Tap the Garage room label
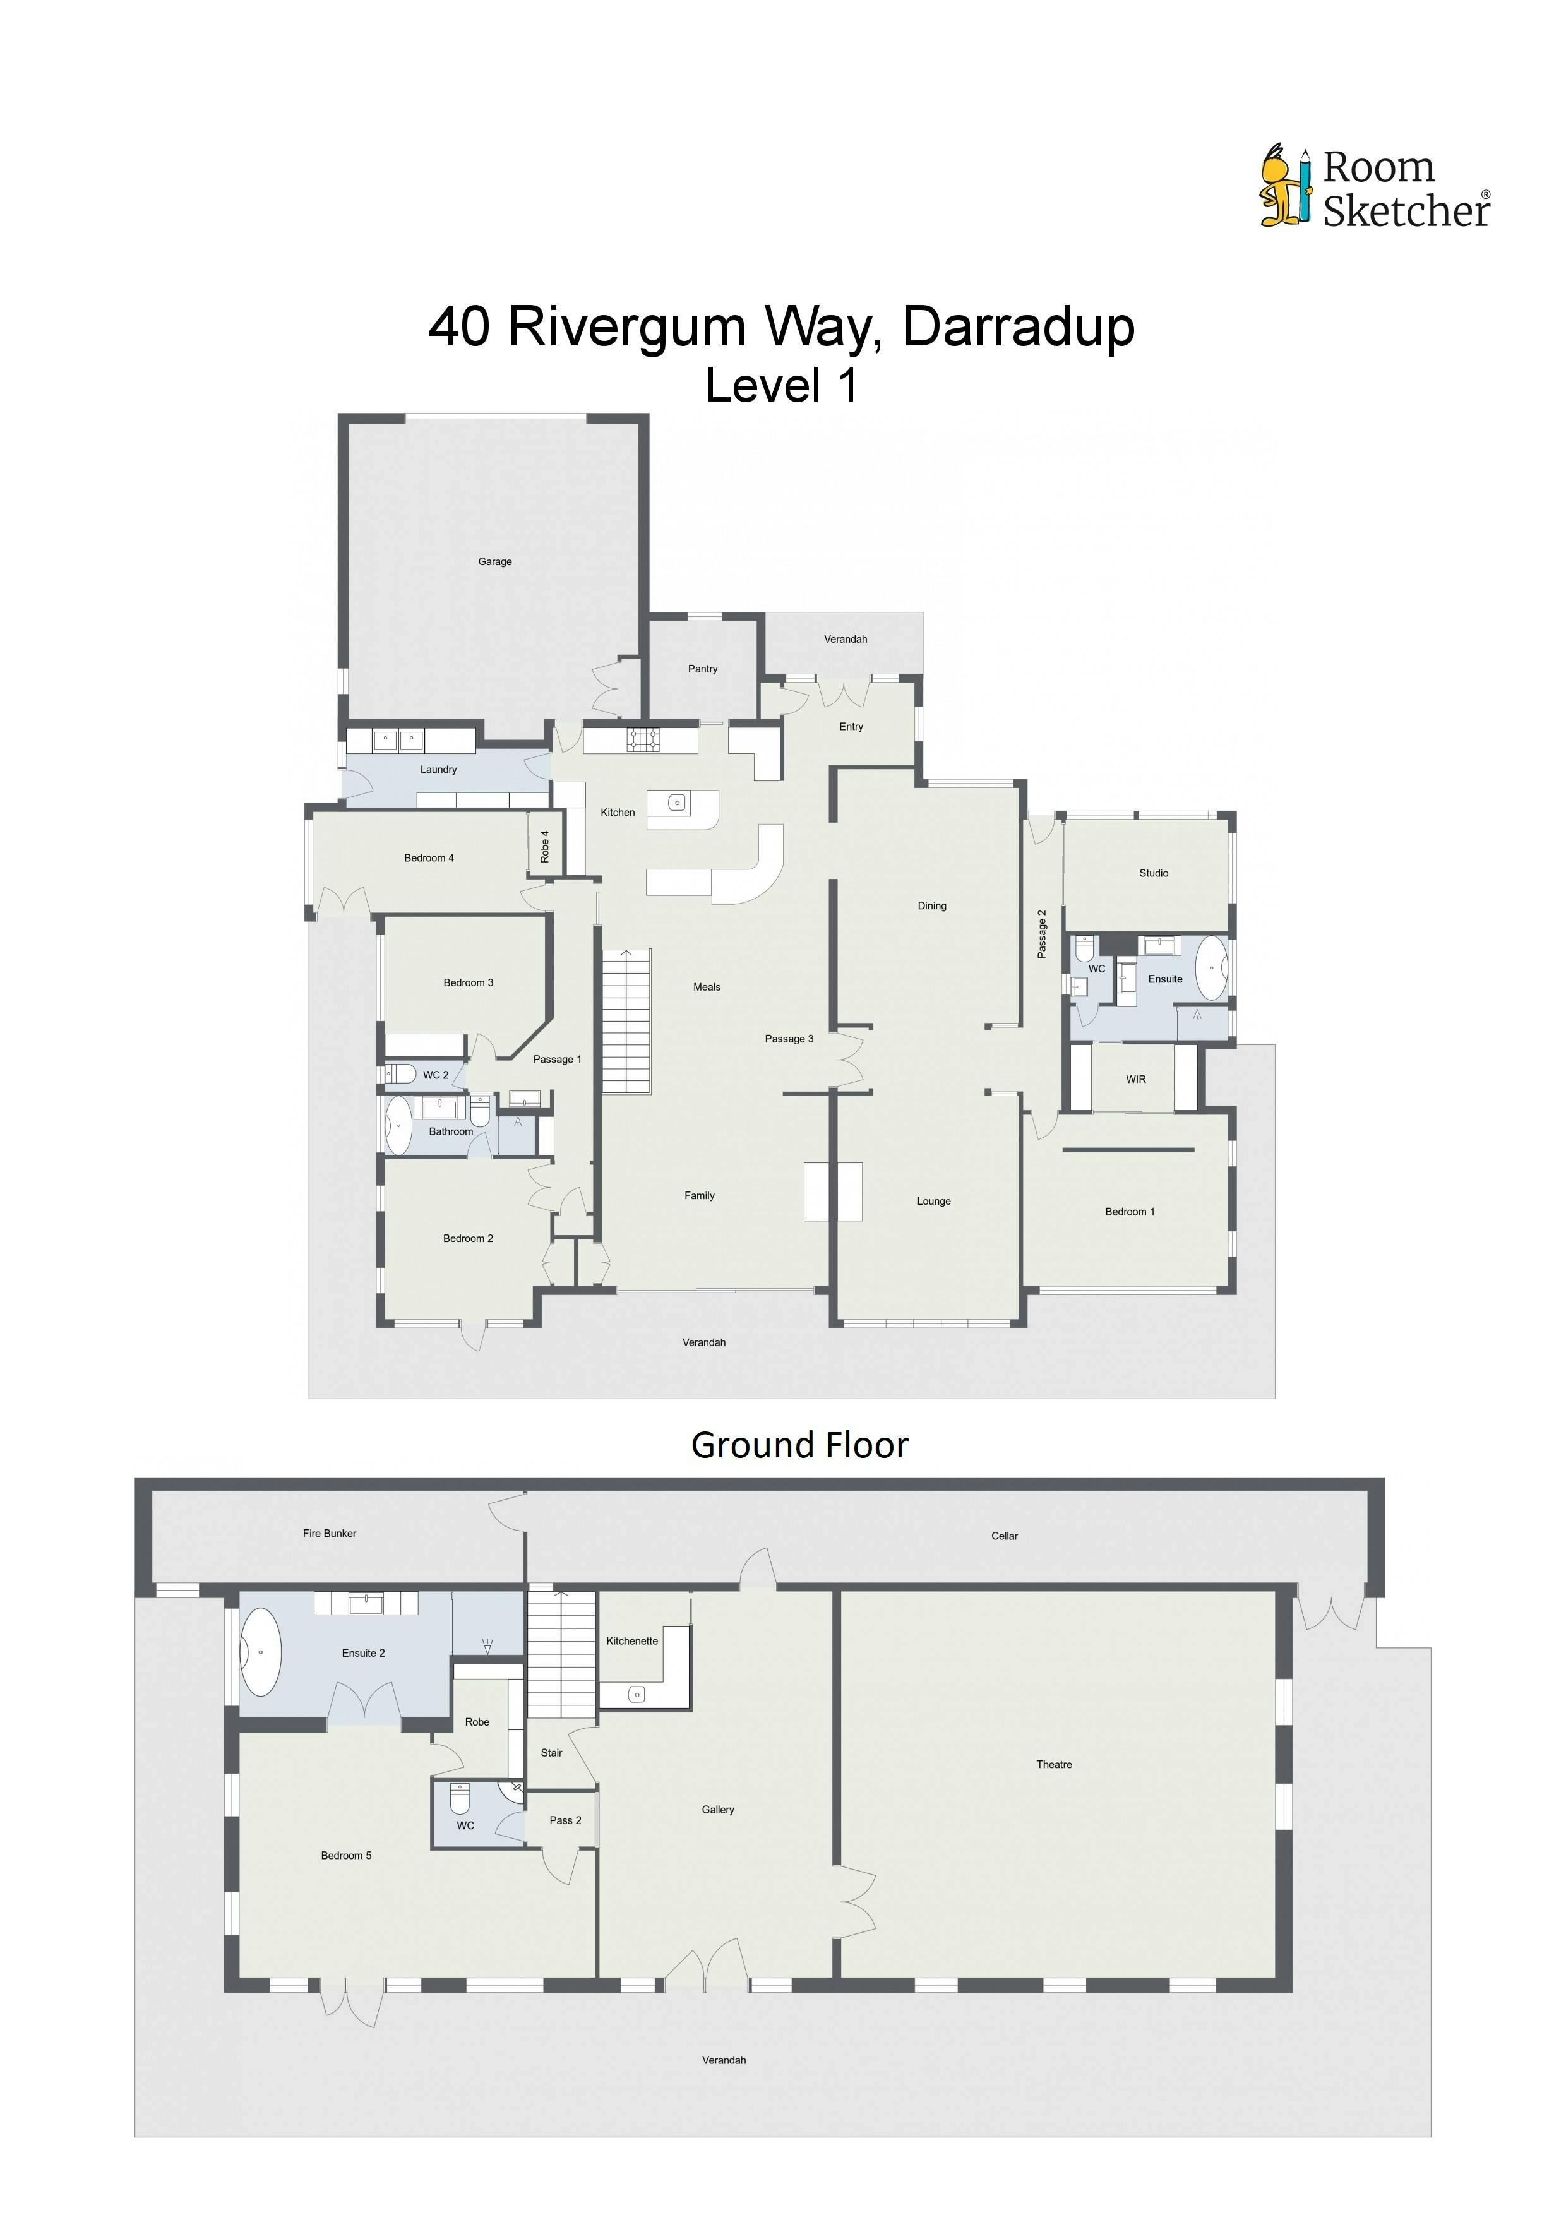pyautogui.click(x=495, y=561)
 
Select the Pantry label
pyautogui.click(x=702, y=669)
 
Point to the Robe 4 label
pyautogui.click(x=544, y=846)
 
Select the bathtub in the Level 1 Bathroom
pyautogui.click(x=398, y=1125)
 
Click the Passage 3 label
pyautogui.click(x=789, y=1039)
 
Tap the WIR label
pyautogui.click(x=1135, y=1080)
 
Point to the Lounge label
pyautogui.click(x=933, y=1201)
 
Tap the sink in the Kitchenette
pyautogui.click(x=636, y=1694)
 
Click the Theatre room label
pyautogui.click(x=1054, y=1764)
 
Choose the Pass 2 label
pyautogui.click(x=565, y=1820)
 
